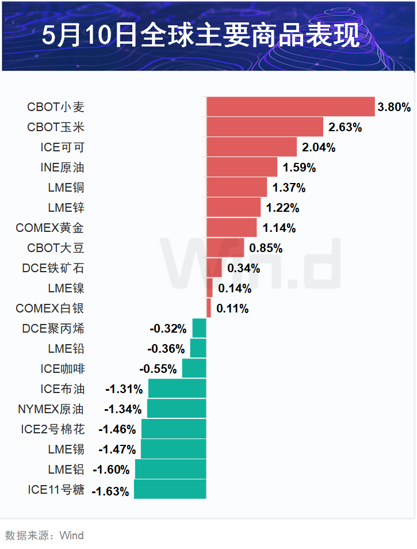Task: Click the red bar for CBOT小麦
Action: pos(290,107)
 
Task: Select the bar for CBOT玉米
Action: pos(265,127)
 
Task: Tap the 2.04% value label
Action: pos(319,147)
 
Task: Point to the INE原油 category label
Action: pos(62,167)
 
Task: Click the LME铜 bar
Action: pos(237,188)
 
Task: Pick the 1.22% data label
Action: pos(282,208)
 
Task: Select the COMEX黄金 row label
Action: pos(49,228)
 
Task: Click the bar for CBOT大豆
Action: pos(225,248)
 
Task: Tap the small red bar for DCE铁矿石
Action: pos(214,268)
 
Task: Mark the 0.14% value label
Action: pos(235,288)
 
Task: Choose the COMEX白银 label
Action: pos(49,308)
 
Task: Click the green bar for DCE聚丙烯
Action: pos(200,328)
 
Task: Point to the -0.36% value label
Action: pos(166,349)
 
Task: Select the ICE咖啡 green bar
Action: pos(194,368)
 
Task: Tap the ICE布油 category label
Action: pos(62,389)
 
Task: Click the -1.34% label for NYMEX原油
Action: pos(123,409)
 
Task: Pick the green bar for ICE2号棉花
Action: pos(174,429)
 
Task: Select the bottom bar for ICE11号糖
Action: pos(170,489)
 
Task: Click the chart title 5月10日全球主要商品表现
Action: pos(201,35)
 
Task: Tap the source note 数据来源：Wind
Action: pos(44,535)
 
